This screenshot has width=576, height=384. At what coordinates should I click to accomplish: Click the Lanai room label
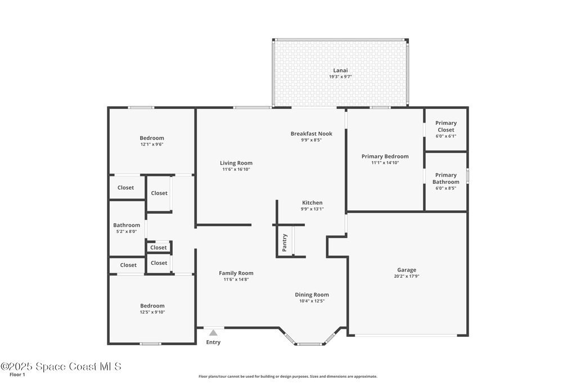[x=340, y=70]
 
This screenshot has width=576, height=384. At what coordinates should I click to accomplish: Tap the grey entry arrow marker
[x=213, y=333]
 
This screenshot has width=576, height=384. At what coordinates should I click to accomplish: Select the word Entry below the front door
[x=213, y=342]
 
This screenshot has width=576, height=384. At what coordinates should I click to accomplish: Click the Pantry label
[x=284, y=243]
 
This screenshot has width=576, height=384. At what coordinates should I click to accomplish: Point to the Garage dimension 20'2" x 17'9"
[x=406, y=276]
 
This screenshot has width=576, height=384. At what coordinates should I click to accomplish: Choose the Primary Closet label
[x=446, y=127]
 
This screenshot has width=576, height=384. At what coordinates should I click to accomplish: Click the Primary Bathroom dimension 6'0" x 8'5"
[x=446, y=188]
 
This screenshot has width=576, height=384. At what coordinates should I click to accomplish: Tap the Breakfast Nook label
[x=312, y=134]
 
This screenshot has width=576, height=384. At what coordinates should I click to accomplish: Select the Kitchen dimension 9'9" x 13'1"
[x=312, y=209]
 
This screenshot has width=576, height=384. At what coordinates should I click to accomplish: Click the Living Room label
[x=236, y=163]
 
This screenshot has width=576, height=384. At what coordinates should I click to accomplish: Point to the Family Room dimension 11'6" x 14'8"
[x=236, y=279]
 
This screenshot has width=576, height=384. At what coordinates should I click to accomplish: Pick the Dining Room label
[x=312, y=295]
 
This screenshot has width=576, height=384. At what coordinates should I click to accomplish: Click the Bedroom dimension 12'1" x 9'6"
[x=152, y=144]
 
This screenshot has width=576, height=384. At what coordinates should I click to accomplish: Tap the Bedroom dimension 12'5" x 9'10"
[x=152, y=312]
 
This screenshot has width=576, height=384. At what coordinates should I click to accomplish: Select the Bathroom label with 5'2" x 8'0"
[x=127, y=225]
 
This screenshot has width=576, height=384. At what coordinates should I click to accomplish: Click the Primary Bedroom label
[x=385, y=156]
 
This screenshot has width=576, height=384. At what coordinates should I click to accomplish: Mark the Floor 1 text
[x=17, y=375]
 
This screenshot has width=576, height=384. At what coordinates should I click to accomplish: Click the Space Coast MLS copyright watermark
[x=61, y=367]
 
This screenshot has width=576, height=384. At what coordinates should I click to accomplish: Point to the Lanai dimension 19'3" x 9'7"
[x=340, y=76]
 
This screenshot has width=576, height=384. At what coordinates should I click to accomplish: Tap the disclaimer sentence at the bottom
[x=287, y=376]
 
